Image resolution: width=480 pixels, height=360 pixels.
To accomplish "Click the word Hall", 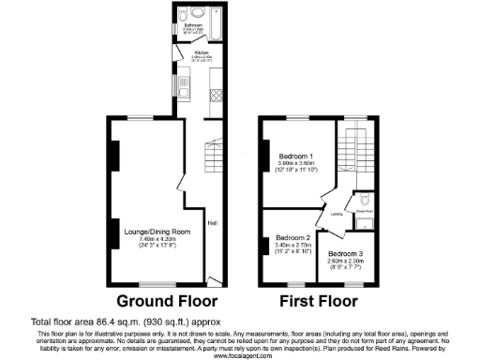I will pyautogui.click(x=213, y=222).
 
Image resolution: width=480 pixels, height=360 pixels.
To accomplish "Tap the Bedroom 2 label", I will pyautogui.click(x=293, y=238).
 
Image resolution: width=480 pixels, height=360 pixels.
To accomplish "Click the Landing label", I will pyautogui.click(x=337, y=214).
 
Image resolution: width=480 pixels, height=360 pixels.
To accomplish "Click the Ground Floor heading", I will pyautogui.click(x=166, y=302).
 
